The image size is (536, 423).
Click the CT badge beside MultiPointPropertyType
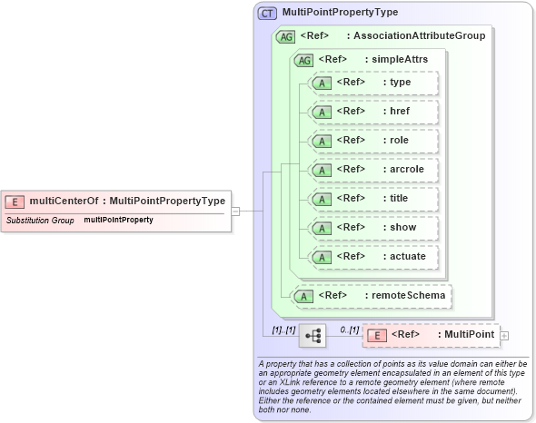tap(269, 14)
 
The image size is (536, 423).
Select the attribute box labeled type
tap(373, 83)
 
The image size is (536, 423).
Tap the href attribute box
tap(373, 112)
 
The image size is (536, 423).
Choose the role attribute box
tap(373, 141)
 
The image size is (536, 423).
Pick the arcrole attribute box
tap(373, 170)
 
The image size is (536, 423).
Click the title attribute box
tap(373, 199)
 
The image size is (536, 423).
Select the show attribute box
tap(373, 228)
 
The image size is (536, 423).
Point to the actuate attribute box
tap(373, 257)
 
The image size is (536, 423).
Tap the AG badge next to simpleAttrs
tap(303, 59)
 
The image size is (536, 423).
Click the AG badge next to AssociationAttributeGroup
tap(285, 36)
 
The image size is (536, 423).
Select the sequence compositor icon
tap(313, 336)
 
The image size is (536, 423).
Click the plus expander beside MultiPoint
tap(504, 336)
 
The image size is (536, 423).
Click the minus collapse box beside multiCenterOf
tap(235, 211)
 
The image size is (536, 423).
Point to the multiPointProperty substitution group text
tap(118, 221)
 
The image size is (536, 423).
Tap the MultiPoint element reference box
tap(431, 335)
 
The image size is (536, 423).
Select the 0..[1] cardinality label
tap(349, 329)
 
